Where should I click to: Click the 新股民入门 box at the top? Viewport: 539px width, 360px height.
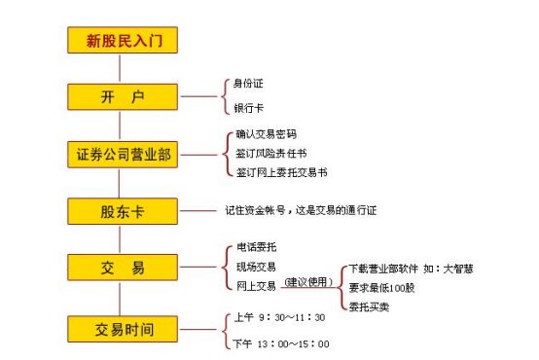124,41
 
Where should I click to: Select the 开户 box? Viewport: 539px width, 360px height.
124,97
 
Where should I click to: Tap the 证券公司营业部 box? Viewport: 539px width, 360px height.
124,155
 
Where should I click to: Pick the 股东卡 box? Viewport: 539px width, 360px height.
124,211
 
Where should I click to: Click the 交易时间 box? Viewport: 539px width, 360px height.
124,328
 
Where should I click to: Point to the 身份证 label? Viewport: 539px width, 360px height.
248,85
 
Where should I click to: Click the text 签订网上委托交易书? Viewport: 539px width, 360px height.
281,172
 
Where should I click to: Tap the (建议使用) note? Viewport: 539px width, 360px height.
307,283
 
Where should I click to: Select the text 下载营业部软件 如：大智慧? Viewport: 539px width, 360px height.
411,269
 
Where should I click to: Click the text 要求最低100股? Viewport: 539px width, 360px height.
383,288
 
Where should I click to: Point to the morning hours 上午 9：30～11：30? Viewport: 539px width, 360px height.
280,317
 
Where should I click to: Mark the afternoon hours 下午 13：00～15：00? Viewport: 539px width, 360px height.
282,343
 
